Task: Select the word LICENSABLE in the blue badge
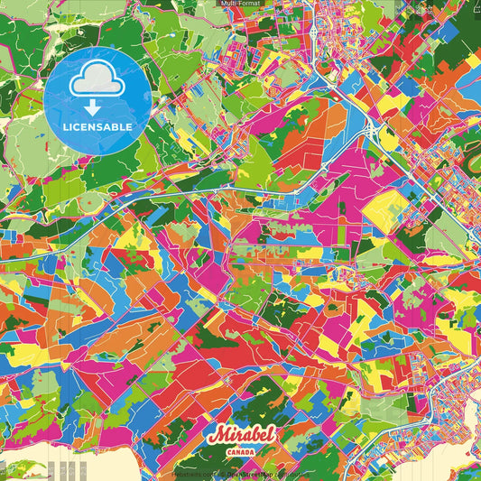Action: coord(97,127)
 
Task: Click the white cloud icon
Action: coord(97,82)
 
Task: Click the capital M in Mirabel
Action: coord(215,435)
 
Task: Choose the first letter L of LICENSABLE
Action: coord(66,127)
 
